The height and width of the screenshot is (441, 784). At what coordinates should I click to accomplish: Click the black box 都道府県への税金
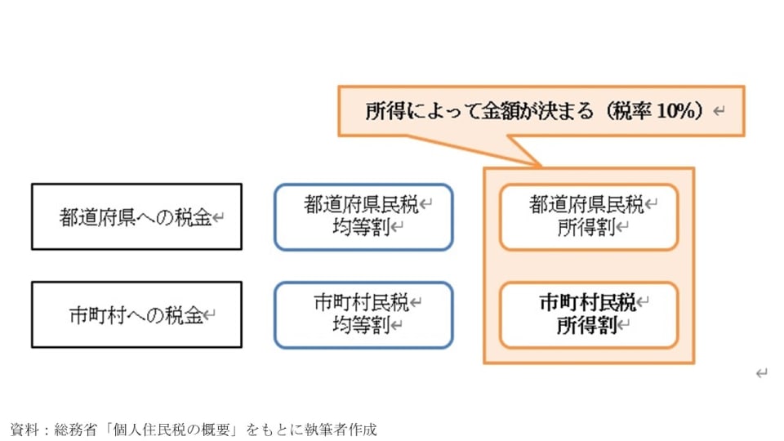136,216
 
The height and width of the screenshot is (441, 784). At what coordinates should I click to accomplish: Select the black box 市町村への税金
136,315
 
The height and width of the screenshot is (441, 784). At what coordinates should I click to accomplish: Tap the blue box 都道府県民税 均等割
363,216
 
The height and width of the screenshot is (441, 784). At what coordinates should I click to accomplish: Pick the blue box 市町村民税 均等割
363,315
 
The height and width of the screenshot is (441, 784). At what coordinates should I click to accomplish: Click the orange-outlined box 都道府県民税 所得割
588,216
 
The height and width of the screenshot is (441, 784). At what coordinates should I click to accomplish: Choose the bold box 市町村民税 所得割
588,315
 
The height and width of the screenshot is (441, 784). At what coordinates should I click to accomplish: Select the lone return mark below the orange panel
761,373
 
